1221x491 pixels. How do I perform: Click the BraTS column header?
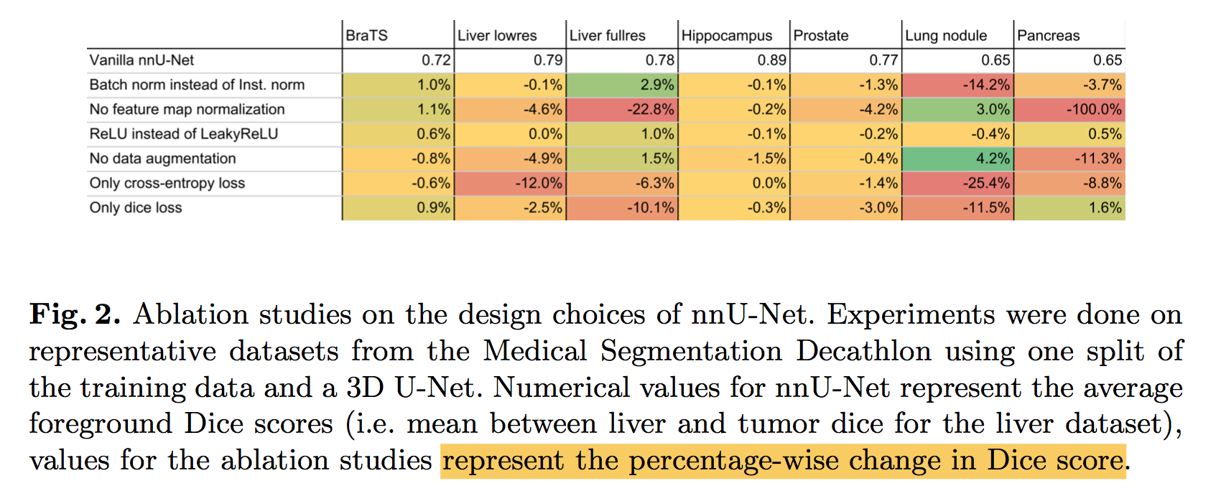[367, 35]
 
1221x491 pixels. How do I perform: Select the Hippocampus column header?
[726, 35]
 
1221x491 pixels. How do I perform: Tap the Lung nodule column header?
[946, 35]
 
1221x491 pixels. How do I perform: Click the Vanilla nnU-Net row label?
[141, 60]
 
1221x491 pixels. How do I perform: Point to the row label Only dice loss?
[136, 207]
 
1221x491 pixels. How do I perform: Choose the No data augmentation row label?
[162, 159]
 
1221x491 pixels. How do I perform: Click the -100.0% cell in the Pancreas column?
[1069, 109]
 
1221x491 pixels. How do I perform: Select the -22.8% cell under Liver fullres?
[622, 109]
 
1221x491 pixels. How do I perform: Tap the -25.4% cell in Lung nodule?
[957, 183]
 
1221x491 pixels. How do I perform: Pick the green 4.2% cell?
[957, 159]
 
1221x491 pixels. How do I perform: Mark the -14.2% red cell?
[957, 85]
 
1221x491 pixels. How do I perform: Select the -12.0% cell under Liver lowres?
[510, 183]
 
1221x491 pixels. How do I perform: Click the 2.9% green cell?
[622, 85]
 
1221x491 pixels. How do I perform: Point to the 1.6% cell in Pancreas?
[1069, 207]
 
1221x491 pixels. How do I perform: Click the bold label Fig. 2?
[75, 315]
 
